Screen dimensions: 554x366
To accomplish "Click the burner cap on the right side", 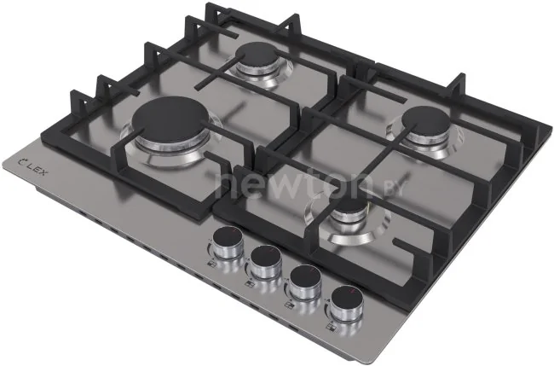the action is tap(426, 121).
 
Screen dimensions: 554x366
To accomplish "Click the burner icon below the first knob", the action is tap(211, 263).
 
